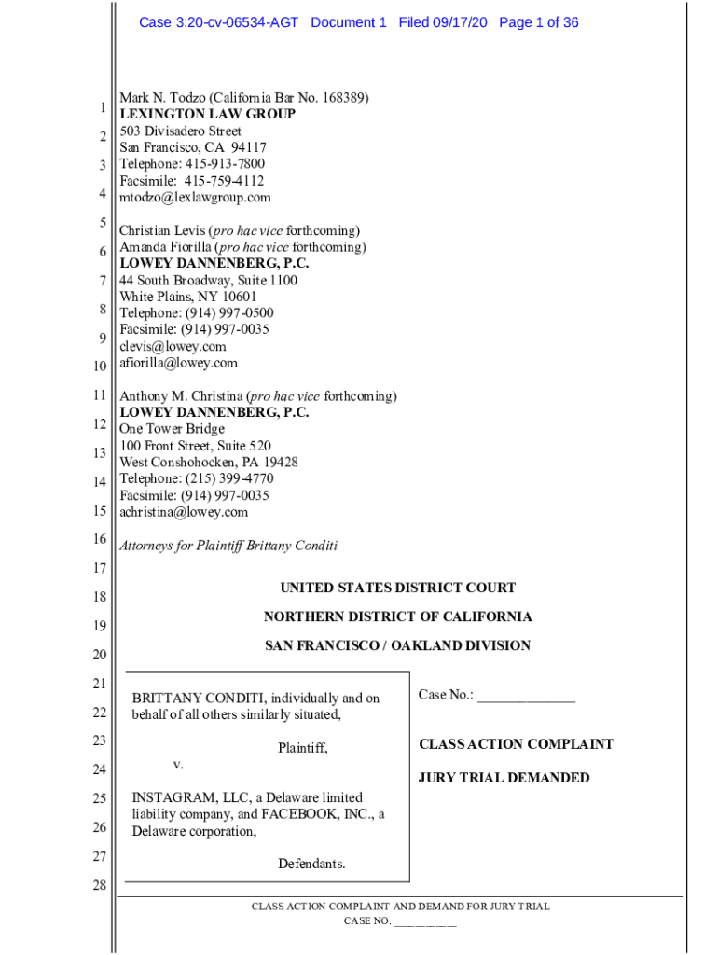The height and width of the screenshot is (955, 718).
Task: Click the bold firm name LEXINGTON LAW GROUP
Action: coord(207,114)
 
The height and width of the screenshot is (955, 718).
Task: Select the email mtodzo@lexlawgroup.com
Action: coord(195,198)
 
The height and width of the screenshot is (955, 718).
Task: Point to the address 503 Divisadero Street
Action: coord(180,131)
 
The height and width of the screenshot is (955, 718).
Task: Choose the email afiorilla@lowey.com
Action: coord(178,363)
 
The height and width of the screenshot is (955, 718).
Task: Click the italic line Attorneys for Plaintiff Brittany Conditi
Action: coord(228,546)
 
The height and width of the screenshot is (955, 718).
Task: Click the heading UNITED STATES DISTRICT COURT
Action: coord(397,588)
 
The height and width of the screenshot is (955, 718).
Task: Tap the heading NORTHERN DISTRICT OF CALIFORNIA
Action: coord(397,616)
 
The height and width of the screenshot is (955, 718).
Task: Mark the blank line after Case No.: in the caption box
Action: coord(526,698)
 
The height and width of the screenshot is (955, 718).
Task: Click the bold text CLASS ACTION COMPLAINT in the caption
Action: coord(516,744)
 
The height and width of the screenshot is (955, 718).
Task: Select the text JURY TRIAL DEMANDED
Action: coord(504,778)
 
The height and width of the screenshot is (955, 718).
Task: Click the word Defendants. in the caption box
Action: coord(311,864)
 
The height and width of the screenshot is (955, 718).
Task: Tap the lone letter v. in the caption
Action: coord(177,765)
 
